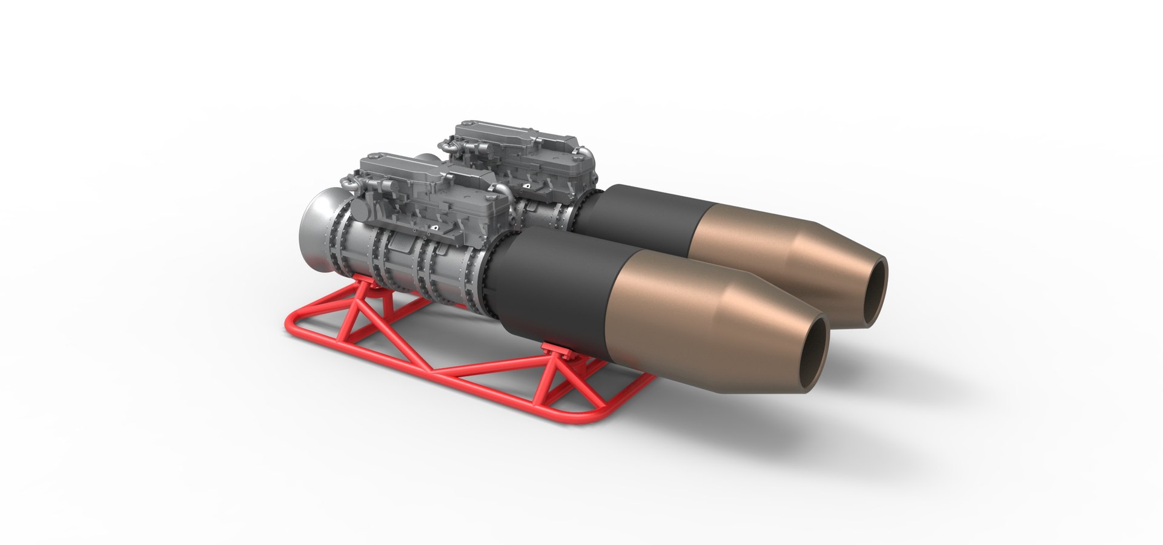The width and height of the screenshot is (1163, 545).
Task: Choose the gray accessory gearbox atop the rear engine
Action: click(x=521, y=145)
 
